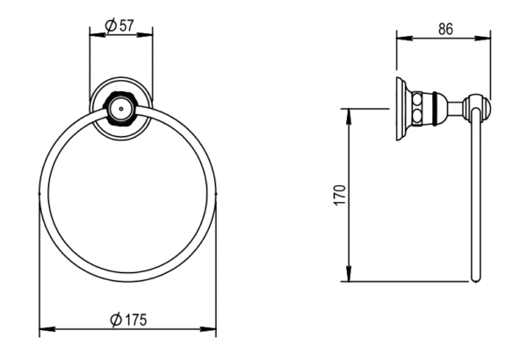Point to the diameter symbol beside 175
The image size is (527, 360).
click(x=117, y=320)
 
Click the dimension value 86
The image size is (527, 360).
click(x=444, y=28)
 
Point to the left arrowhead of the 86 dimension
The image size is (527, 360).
click(x=401, y=38)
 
